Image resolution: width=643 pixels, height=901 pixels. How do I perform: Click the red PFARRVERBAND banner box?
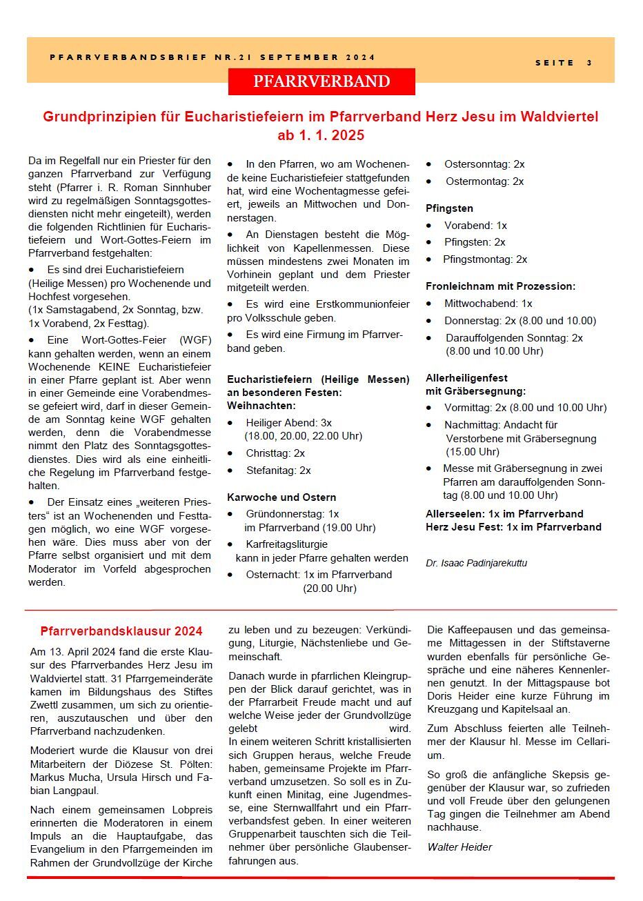(x=321, y=81)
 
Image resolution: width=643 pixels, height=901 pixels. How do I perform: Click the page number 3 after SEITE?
(x=590, y=63)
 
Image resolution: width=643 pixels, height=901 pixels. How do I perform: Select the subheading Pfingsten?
(x=449, y=208)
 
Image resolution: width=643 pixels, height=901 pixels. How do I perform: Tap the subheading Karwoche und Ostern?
(x=281, y=497)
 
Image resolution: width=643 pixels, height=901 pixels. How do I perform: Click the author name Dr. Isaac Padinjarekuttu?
(x=476, y=563)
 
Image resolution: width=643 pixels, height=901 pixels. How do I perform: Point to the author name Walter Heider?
(x=459, y=846)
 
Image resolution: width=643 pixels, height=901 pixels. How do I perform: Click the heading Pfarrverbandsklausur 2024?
(x=121, y=631)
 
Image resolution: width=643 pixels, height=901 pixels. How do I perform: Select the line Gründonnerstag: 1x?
(x=292, y=514)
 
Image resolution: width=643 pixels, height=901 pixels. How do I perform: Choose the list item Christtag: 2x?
(x=275, y=453)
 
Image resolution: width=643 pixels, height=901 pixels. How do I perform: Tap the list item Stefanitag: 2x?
(x=278, y=471)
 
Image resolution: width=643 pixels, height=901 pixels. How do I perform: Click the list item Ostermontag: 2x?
(x=484, y=181)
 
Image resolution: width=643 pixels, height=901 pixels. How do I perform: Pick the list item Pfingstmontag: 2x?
(x=485, y=259)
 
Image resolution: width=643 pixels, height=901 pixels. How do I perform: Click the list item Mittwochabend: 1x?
(x=488, y=304)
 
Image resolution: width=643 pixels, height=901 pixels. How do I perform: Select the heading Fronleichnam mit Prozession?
(x=500, y=286)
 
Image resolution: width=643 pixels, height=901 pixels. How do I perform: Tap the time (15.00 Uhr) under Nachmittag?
(x=473, y=452)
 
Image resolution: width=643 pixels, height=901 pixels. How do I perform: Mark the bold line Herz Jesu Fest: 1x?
(x=513, y=527)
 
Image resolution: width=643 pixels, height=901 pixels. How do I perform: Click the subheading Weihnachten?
(x=261, y=406)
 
